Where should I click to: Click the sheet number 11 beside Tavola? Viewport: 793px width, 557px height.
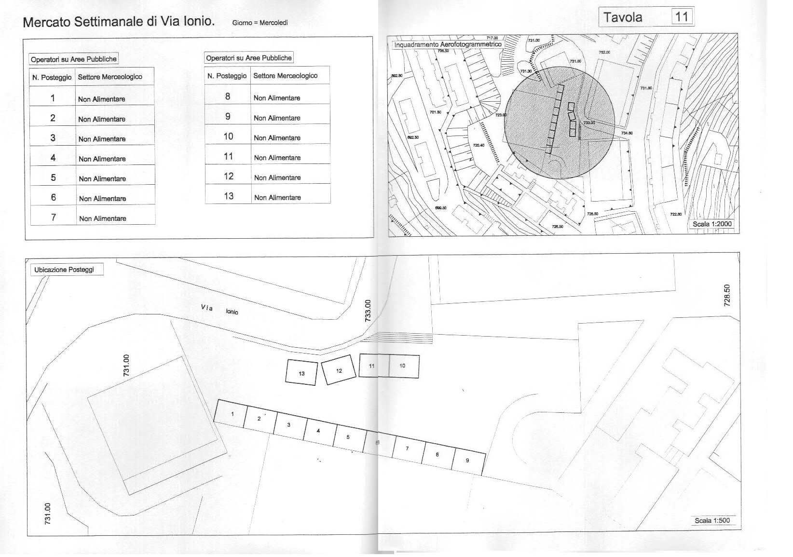pos(682,17)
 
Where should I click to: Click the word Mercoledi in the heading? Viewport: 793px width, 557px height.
pos(273,23)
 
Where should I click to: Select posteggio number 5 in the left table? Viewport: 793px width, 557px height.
pos(53,177)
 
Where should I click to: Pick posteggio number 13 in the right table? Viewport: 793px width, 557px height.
pos(228,196)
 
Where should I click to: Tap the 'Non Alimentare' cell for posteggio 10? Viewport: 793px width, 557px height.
pos(277,138)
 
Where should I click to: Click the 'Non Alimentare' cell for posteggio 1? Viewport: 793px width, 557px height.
pos(101,99)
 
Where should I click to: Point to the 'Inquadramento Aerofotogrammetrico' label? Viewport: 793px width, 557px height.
pos(448,44)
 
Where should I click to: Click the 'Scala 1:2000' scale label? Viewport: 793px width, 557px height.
pos(712,224)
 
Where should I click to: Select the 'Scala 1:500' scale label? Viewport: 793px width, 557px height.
pos(712,520)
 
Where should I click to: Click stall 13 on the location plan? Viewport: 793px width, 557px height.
pos(301,373)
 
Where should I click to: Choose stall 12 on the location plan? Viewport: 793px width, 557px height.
pos(339,370)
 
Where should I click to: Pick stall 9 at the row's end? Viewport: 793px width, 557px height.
pos(468,461)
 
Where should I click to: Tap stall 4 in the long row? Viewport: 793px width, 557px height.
pos(318,430)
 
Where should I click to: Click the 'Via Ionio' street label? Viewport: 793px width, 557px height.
pos(219,310)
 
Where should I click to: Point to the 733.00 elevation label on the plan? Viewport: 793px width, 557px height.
pos(368,311)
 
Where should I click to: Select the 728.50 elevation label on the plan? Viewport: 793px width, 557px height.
pos(727,295)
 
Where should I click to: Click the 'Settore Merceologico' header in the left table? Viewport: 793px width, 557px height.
pos(110,77)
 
